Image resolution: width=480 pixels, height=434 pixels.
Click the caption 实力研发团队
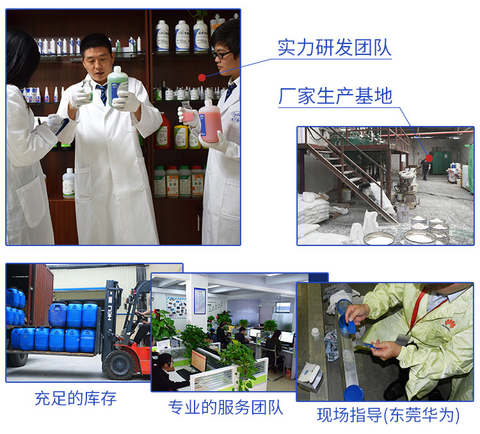tap(333, 47)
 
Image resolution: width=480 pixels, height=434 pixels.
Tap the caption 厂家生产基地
tap(335, 96)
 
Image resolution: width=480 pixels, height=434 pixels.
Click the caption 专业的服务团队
tap(225, 407)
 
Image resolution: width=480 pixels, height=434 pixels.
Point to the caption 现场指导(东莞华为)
tap(388, 415)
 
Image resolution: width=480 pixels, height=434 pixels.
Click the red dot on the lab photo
tap(202, 77)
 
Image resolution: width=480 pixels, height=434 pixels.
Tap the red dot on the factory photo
tap(429, 158)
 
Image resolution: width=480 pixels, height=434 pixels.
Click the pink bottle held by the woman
tap(209, 121)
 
